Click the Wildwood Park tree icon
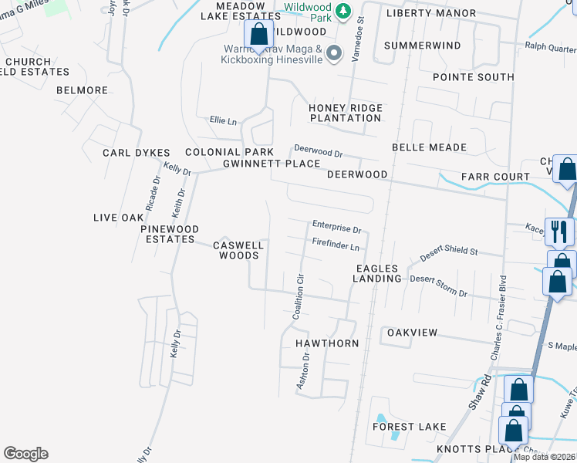click(345, 11)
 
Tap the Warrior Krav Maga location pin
click(333, 52)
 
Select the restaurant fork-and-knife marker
click(558, 231)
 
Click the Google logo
click(25, 454)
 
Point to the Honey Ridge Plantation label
click(345, 113)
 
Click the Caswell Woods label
click(238, 250)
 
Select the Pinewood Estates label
click(170, 234)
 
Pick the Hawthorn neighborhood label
click(327, 343)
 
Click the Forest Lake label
click(409, 426)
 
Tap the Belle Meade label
click(429, 147)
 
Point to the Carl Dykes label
click(136, 153)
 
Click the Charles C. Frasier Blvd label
click(498, 317)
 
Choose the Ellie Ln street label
click(223, 120)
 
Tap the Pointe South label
click(473, 77)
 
